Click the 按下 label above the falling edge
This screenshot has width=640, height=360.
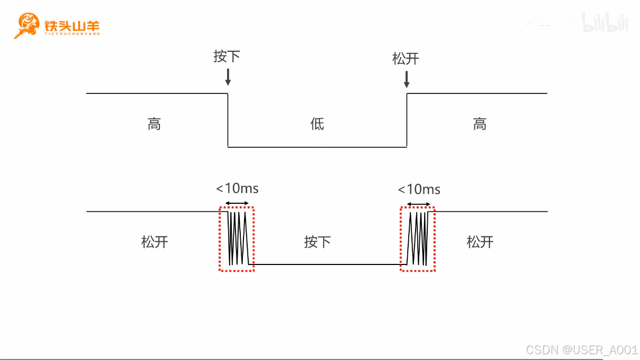coord(227,56)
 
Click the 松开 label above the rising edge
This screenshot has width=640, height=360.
coord(406,59)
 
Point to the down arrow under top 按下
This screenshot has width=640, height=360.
coord(228,77)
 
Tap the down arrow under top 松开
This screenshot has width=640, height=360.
coord(406,79)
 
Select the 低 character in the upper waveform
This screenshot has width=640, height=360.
coord(317,124)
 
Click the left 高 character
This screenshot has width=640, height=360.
coord(154,124)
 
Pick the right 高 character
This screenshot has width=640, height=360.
coord(479,124)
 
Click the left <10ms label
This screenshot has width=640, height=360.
coord(237,188)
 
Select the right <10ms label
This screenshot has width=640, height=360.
coord(419,189)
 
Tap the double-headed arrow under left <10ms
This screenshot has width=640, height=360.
coord(237,203)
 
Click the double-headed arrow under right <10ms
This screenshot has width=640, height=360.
coord(418,204)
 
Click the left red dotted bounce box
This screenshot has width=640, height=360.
coord(237,239)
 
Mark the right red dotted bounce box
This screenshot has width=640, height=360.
coord(418,239)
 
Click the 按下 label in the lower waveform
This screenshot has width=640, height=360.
coord(317,242)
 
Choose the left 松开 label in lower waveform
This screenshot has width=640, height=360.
coord(155,242)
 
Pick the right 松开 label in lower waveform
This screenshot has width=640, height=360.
coord(480,242)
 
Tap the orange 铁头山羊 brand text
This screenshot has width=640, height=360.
coord(72,25)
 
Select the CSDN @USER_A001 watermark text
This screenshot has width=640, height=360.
coord(582,349)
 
